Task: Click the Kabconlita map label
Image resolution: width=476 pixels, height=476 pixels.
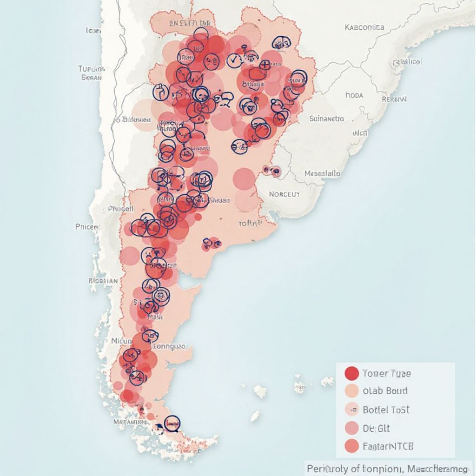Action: [365, 27]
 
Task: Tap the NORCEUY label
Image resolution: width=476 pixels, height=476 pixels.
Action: [284, 194]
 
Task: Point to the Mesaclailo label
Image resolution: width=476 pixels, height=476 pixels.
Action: [322, 173]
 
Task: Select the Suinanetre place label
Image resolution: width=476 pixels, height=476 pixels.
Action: [327, 119]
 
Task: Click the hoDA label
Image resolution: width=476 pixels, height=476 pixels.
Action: [354, 95]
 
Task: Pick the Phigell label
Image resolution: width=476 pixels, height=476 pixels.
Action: [121, 209]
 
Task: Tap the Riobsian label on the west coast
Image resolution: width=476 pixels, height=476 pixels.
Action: [103, 281]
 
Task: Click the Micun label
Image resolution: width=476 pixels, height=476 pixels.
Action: [122, 341]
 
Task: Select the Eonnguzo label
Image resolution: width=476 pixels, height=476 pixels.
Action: [169, 346]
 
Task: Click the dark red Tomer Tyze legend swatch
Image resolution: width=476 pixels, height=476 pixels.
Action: [351, 373]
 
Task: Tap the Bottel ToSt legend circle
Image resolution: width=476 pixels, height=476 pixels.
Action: [352, 410]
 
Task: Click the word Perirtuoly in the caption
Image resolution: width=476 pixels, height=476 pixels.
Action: [327, 467]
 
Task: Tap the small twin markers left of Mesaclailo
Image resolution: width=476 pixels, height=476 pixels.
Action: [271, 171]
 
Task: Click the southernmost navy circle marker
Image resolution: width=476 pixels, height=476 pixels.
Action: [172, 423]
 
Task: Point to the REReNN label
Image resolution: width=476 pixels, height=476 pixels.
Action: [394, 99]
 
